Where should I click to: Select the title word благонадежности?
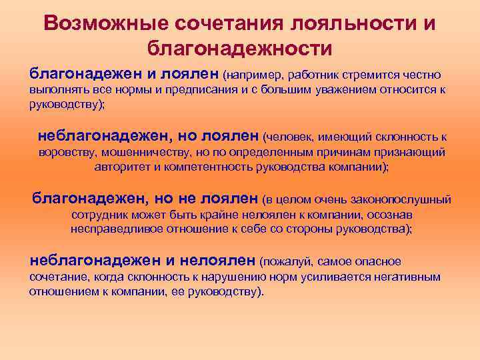[239, 49]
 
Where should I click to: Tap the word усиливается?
[293, 277]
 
